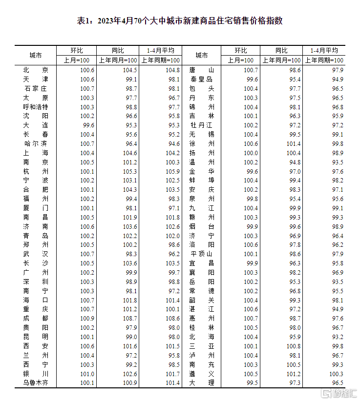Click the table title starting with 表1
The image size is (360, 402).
point(180,21)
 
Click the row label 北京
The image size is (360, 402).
point(35,70)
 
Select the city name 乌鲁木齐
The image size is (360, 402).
point(35,383)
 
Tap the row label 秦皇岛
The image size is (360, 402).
point(201,79)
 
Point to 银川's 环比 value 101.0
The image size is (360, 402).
point(87,374)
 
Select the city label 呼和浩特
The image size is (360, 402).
point(35,107)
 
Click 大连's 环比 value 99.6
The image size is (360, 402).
point(87,125)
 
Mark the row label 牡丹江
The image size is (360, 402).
point(201,125)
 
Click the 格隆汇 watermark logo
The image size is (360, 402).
point(338,393)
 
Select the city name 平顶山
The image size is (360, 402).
point(201,254)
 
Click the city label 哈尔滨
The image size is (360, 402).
point(35,144)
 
